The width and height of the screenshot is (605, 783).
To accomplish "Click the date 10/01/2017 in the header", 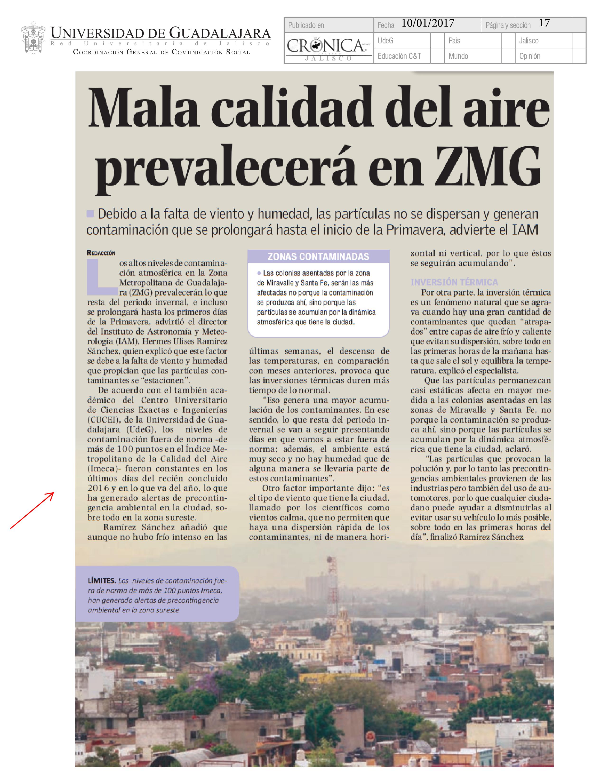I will click(x=428, y=24).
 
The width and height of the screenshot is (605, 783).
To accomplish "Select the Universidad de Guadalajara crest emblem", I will click(x=33, y=38).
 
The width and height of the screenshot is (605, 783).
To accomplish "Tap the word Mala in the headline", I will click(x=143, y=107).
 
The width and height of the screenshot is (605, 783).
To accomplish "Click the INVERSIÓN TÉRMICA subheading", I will click(x=454, y=282).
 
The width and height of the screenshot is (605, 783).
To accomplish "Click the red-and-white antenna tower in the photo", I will click(x=332, y=588).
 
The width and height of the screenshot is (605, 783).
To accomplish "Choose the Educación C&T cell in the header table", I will click(x=399, y=56).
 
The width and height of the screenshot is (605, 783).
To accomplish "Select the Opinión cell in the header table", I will click(x=530, y=56).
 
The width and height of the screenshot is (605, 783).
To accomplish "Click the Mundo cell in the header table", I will click(x=458, y=56).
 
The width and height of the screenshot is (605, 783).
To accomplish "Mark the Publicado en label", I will click(x=306, y=25).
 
